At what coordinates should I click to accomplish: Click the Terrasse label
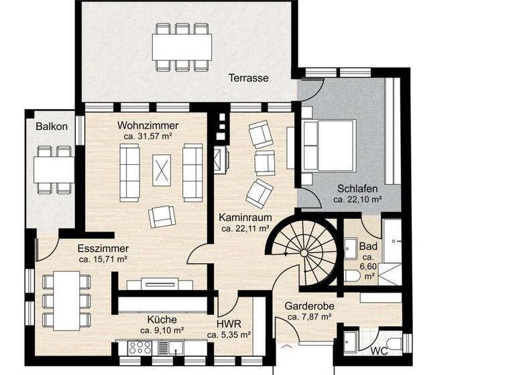tap(248, 78)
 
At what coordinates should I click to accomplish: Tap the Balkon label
tap(52, 126)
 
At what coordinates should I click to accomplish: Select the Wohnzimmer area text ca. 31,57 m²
tap(148, 136)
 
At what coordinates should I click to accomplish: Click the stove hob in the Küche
tap(139, 347)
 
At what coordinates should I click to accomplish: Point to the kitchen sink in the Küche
tap(176, 347)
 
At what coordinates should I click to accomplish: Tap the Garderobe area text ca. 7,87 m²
tap(309, 317)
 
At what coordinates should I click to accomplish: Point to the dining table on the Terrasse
tap(182, 46)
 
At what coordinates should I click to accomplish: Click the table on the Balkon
tap(54, 168)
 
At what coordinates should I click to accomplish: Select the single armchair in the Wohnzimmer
tap(162, 215)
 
